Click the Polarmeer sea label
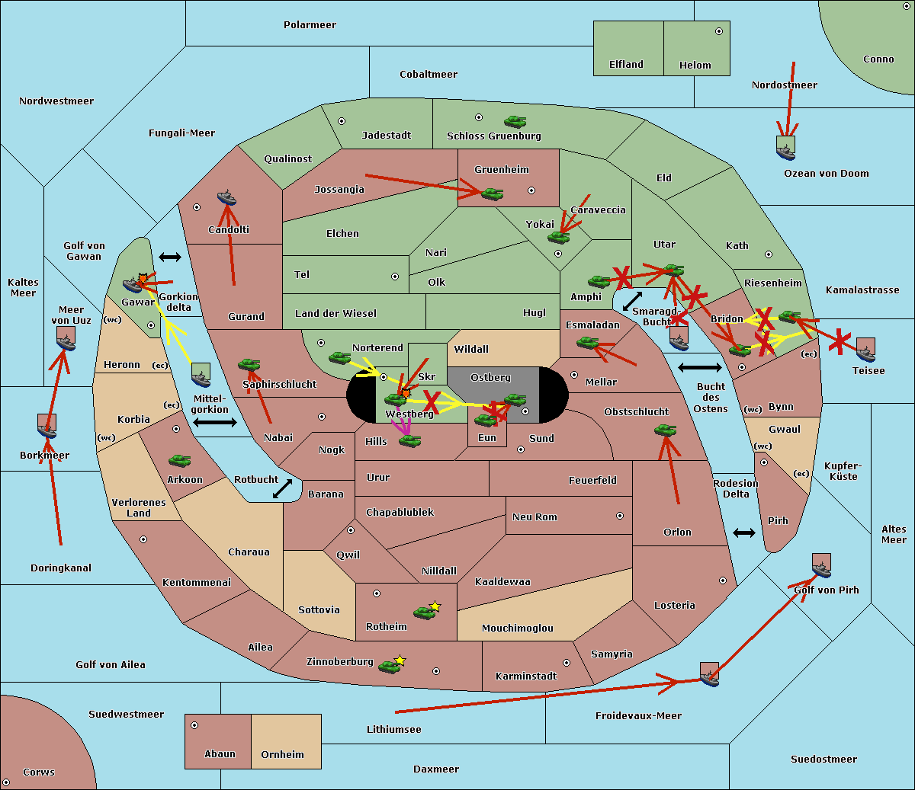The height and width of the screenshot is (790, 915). point(310,25)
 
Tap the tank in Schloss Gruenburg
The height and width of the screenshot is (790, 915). point(515,121)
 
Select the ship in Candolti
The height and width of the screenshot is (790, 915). point(226,197)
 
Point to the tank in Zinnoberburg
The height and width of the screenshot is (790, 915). point(391,665)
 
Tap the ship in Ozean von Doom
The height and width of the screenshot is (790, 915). point(785,149)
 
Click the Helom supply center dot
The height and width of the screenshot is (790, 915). point(719,31)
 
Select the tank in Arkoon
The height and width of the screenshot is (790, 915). point(180,461)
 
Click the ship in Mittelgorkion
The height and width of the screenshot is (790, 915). point(201,375)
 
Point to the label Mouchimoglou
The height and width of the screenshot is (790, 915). point(518,628)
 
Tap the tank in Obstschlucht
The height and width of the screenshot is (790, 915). point(666,430)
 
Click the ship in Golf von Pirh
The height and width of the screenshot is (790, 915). point(822,565)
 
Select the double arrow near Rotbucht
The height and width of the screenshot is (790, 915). point(282,489)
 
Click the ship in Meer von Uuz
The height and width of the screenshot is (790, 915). point(66,339)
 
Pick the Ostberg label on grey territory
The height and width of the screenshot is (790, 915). point(490,377)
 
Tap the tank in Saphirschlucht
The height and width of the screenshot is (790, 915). point(249,364)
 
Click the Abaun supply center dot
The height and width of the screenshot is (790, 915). point(194,725)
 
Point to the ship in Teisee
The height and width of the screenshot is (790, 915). point(866,350)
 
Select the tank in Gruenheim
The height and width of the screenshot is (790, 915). point(493,194)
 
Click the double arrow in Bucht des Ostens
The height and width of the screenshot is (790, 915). point(700,367)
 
